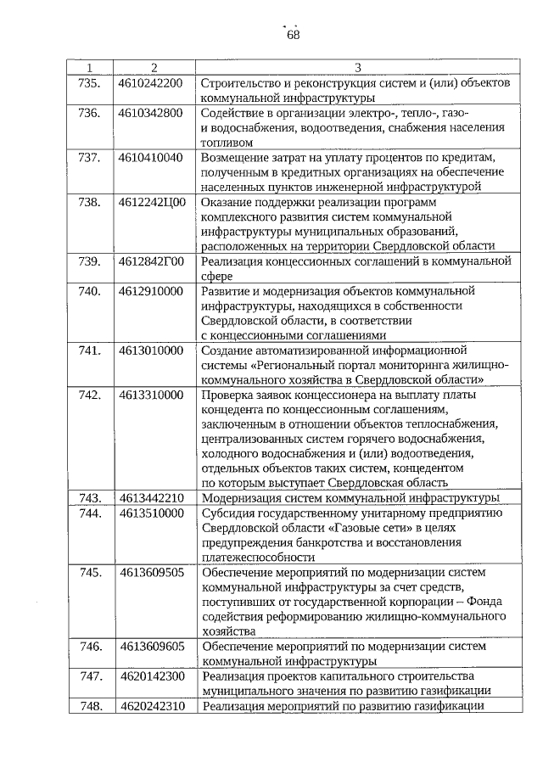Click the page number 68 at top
point(293,35)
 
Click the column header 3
point(357,67)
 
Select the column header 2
point(154,67)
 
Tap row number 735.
point(90,83)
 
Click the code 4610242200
point(151,83)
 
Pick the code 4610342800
point(151,113)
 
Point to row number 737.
point(90,157)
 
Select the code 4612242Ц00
point(152,202)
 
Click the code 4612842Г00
point(152,261)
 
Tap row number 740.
point(90,291)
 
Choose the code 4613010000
point(151,350)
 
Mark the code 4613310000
point(151,395)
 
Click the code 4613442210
point(151,497)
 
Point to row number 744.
point(90,513)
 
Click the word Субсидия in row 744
point(228,513)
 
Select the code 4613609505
point(152,572)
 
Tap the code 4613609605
point(152,646)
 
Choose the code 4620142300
point(152,676)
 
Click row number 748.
point(90,706)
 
